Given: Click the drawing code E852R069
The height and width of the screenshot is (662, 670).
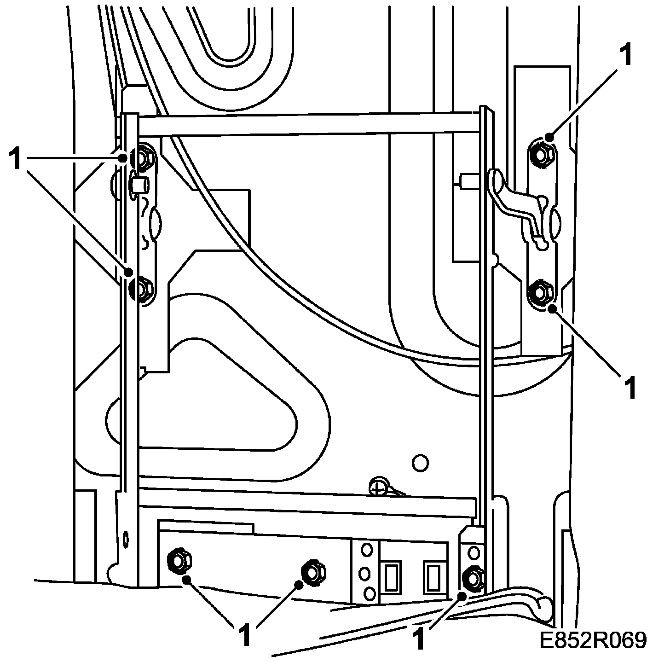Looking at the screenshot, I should (x=594, y=640).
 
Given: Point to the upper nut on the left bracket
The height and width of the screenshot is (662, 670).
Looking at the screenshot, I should (x=143, y=158).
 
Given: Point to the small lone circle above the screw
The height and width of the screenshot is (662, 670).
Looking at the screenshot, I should (x=420, y=462).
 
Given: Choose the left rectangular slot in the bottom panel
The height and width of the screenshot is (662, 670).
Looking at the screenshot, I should (x=392, y=576).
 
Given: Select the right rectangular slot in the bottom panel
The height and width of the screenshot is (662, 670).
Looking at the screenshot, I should (x=433, y=576).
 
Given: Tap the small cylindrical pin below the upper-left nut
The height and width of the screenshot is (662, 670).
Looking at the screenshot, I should (x=139, y=185).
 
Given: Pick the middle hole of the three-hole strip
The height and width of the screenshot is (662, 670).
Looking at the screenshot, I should (x=366, y=574).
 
